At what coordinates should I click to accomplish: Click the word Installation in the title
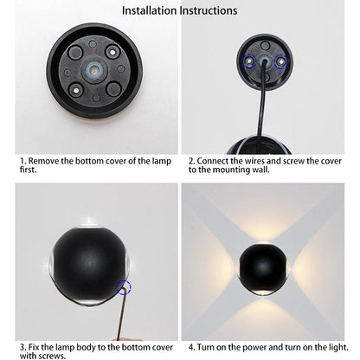tap(149, 10)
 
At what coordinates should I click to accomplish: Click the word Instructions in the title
tap(209, 10)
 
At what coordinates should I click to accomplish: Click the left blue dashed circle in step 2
tap(249, 61)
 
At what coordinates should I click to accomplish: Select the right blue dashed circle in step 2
tap(280, 61)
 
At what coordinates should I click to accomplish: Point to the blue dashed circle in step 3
tap(124, 287)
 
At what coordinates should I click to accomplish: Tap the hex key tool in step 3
tap(122, 313)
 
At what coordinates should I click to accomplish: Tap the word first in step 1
tap(28, 170)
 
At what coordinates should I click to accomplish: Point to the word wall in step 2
tap(260, 170)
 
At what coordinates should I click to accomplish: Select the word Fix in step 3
tap(34, 347)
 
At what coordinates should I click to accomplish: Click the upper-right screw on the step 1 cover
tap(112, 52)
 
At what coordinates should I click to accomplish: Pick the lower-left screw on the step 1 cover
tap(75, 90)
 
